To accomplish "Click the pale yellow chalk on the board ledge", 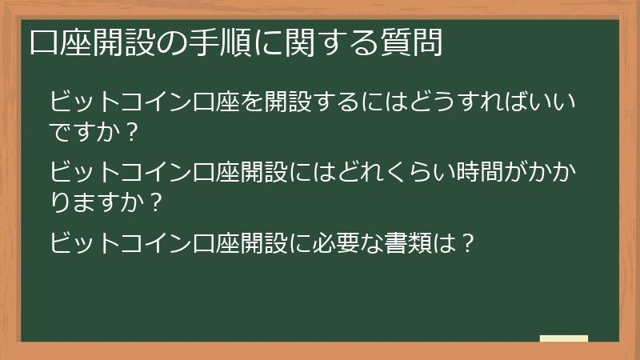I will pyautogui.click(x=563, y=338).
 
